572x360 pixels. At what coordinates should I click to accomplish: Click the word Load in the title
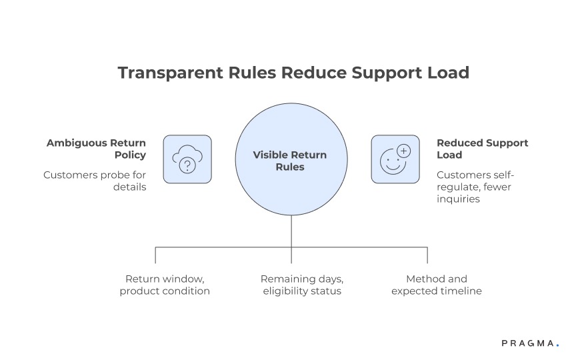tap(448, 73)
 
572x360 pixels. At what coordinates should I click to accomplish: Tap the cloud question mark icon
tap(187, 159)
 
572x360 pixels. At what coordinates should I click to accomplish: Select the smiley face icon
tap(395, 159)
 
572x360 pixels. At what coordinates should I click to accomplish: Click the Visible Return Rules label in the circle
tap(290, 161)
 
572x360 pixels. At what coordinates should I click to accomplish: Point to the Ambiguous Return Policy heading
tap(96, 149)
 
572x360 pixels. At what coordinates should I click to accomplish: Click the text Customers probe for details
tap(95, 181)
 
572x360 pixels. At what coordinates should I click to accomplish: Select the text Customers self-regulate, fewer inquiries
tap(475, 187)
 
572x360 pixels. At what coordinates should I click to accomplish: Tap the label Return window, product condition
tap(165, 285)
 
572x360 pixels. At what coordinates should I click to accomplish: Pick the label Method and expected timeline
tap(437, 285)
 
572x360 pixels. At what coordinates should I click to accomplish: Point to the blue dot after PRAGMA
tap(557, 346)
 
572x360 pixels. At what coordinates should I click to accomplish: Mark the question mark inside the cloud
tap(187, 163)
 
